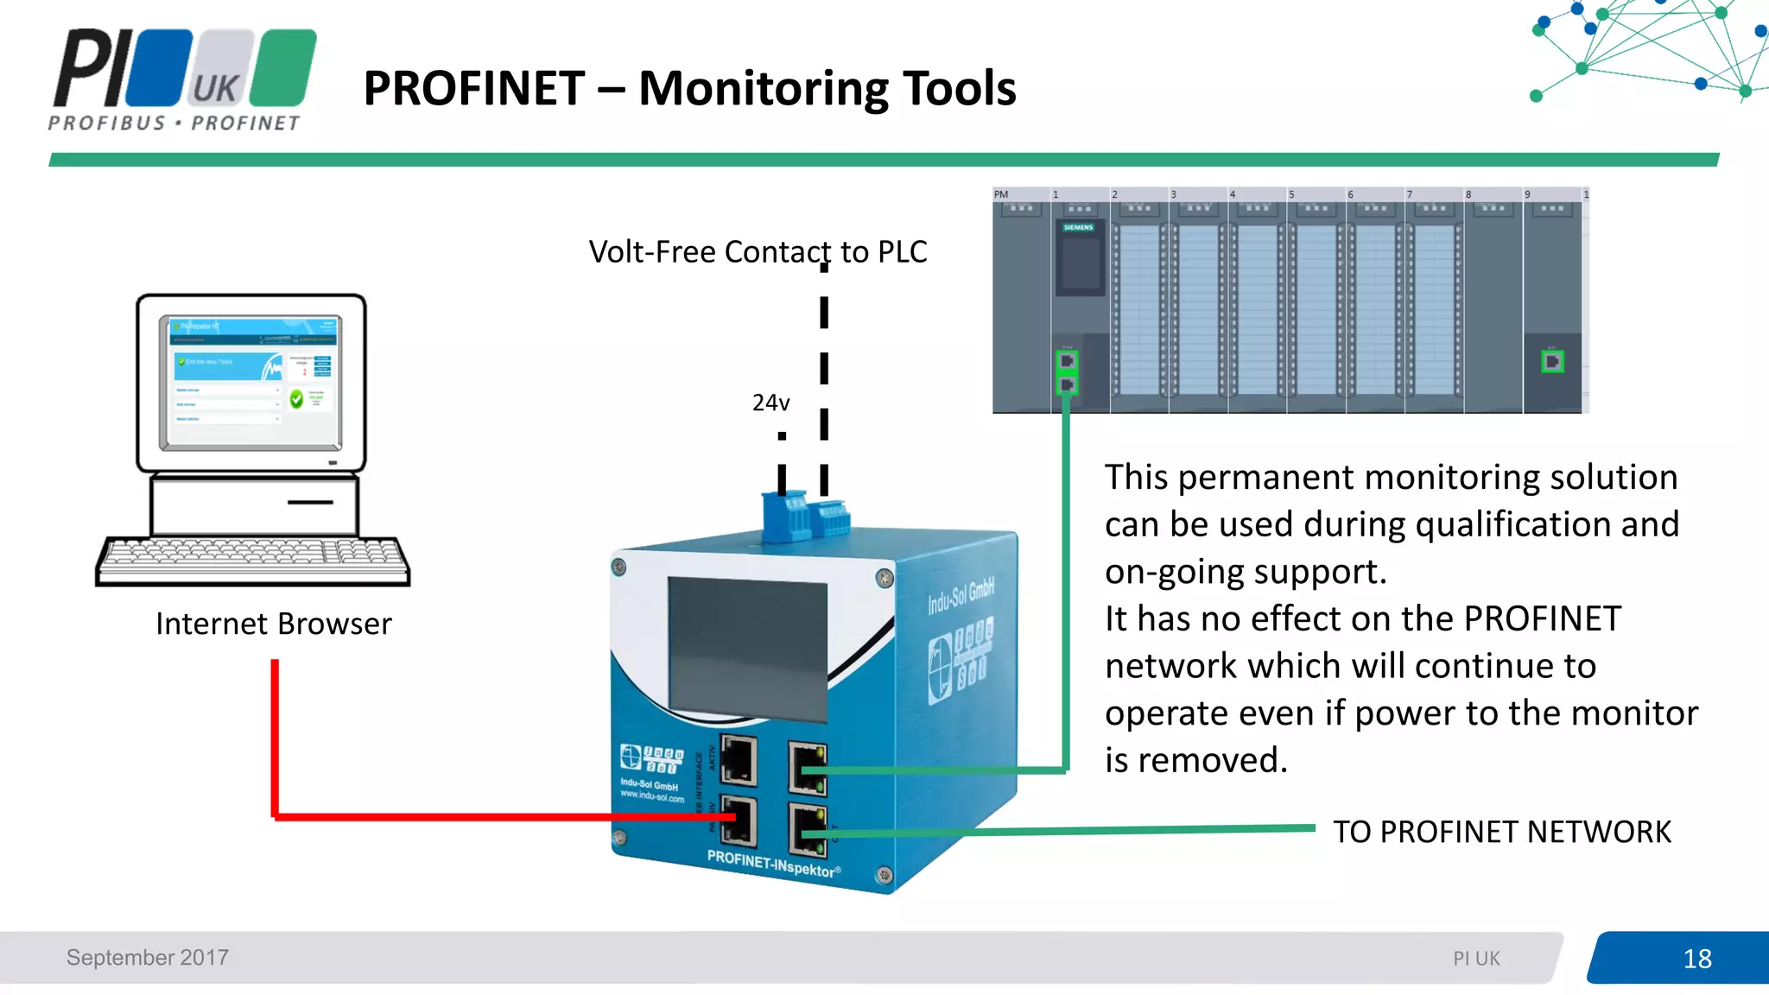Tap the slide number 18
coord(1696,958)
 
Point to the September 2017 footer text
coord(148,957)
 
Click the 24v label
coord(770,402)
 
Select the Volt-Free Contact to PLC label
coord(758,251)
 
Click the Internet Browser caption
coord(273,624)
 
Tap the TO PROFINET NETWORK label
coord(1501,831)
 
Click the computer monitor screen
coord(250,381)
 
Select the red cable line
coord(275,743)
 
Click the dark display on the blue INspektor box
coord(747,649)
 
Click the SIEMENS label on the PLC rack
coord(1078,227)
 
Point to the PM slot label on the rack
coord(1001,194)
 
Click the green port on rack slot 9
coord(1552,362)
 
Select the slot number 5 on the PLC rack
coord(1291,194)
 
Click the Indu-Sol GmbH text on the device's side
coord(961,596)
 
